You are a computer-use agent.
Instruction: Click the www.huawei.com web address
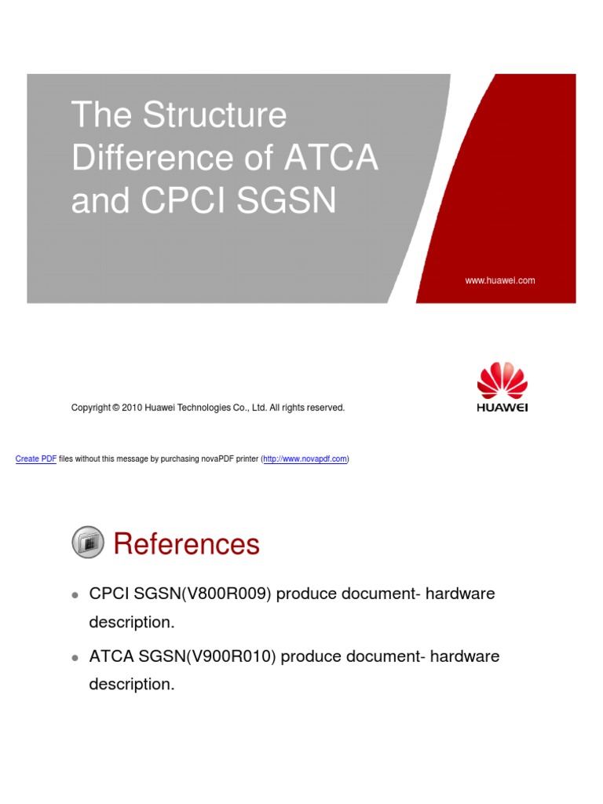click(500, 280)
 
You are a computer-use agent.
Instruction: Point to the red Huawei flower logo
click(502, 381)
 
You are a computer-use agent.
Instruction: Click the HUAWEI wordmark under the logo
click(502, 408)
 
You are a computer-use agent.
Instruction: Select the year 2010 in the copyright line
click(132, 408)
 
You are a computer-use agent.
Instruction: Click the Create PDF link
click(36, 459)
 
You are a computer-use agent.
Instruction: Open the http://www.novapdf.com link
click(305, 459)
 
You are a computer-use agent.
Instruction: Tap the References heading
click(186, 543)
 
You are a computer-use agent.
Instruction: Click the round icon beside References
click(87, 543)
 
